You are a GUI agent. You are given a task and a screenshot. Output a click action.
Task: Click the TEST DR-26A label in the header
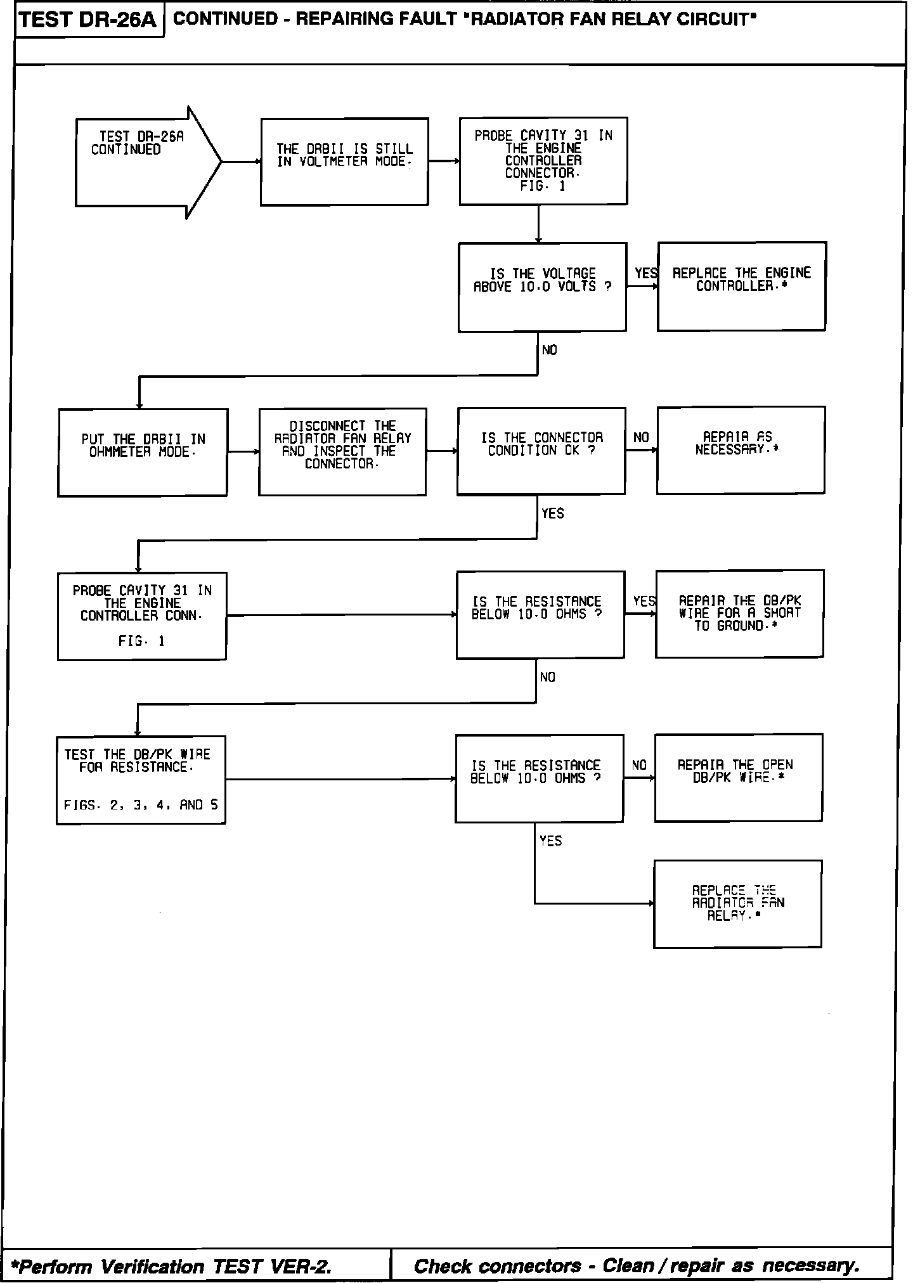88,20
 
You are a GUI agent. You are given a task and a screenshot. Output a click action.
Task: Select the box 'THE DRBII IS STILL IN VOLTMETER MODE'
344,162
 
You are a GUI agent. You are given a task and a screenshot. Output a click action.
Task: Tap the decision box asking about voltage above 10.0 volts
542,287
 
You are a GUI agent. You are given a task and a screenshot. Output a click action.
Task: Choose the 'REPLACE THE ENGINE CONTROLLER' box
741,286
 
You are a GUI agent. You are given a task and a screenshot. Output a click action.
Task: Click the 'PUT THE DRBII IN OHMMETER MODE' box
143,452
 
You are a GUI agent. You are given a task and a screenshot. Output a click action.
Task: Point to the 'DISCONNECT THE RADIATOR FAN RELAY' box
342,451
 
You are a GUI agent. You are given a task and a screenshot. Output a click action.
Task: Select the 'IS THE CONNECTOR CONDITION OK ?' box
541,451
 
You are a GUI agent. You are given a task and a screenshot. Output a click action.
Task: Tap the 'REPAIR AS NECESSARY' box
741,449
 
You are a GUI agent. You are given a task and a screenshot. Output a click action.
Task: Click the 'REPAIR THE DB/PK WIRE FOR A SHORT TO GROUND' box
739,614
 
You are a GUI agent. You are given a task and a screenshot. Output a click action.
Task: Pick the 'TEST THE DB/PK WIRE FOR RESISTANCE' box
141,780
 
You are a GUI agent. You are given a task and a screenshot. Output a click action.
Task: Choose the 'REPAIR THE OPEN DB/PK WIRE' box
738,777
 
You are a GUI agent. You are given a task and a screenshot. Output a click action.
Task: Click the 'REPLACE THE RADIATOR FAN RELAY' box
737,904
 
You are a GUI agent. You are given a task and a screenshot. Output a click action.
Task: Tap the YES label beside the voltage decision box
645,273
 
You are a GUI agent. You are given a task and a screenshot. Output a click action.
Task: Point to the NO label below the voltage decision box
550,350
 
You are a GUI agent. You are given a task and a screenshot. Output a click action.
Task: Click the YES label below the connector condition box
552,513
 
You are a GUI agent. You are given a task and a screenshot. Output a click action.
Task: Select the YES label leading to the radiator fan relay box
550,841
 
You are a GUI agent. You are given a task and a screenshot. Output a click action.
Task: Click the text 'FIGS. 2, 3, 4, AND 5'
141,805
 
